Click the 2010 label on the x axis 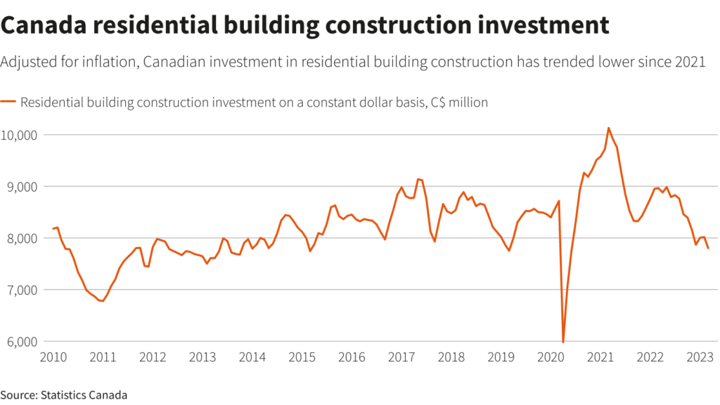(53, 357)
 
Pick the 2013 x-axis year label (202, 357)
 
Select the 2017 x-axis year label (401, 357)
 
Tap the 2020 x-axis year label (550, 357)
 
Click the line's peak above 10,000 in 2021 (608, 128)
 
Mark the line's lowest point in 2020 (563, 342)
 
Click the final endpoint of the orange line (708, 248)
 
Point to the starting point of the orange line (53, 229)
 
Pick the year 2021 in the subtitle (690, 62)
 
